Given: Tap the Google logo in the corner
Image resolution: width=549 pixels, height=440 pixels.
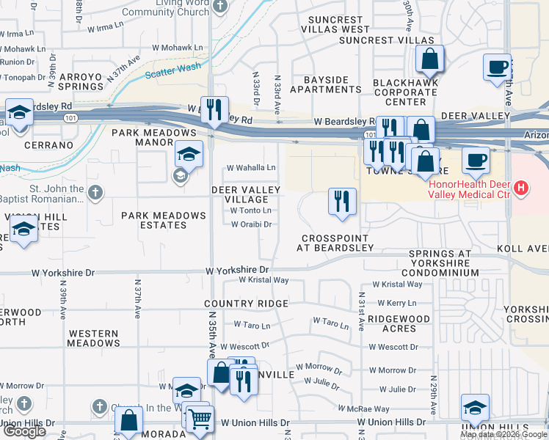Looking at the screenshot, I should click(24, 431).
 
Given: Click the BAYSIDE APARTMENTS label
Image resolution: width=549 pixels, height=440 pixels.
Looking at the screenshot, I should click(325, 84).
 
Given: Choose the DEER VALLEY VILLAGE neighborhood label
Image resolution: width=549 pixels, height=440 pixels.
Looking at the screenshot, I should click(246, 194).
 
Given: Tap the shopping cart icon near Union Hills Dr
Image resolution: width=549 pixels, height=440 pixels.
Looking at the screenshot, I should click(199, 419).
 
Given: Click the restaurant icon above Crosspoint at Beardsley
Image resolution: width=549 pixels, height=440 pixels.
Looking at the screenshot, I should click(341, 201).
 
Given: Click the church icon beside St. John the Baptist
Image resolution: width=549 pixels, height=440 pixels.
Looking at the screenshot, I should click(94, 192).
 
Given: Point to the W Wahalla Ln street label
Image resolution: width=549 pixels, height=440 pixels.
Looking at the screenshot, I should click(251, 167).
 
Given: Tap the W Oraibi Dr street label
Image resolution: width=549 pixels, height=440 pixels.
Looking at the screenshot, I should click(252, 224).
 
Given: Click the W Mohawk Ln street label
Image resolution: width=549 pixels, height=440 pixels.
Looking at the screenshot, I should click(178, 47).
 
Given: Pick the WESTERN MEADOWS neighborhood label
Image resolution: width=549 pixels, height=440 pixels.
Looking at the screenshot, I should click(93, 338).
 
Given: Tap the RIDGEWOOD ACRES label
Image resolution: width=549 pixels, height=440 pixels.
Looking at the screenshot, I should click(399, 324).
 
